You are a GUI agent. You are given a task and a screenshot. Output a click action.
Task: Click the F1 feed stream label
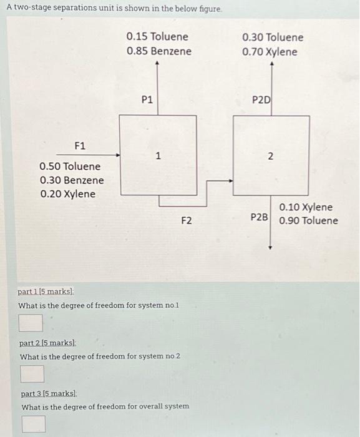80,146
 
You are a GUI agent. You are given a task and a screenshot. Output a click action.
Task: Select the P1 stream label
147,99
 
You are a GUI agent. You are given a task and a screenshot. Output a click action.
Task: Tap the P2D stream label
261,99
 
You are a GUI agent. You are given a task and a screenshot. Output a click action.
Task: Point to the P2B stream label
260,217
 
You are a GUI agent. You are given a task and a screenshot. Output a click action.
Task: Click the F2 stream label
187,220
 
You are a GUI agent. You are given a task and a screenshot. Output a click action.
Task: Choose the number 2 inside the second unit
270,156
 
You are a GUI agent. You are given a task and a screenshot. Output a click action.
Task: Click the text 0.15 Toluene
157,37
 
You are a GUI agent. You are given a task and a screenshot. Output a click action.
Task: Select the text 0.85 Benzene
158,51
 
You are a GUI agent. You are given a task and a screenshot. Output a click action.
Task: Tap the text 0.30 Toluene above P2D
273,37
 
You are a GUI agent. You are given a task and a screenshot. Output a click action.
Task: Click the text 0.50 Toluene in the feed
69,167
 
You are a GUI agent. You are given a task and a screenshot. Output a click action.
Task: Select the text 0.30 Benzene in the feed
71,180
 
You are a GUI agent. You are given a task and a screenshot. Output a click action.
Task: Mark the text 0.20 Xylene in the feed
67,194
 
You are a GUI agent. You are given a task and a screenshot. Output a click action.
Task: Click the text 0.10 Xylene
306,207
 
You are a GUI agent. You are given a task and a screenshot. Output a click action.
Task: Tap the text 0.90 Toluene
309,221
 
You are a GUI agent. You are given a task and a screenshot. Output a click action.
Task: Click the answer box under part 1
31,323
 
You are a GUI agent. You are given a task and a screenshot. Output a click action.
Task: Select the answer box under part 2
32,374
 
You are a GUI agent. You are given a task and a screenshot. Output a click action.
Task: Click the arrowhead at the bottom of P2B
270,248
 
